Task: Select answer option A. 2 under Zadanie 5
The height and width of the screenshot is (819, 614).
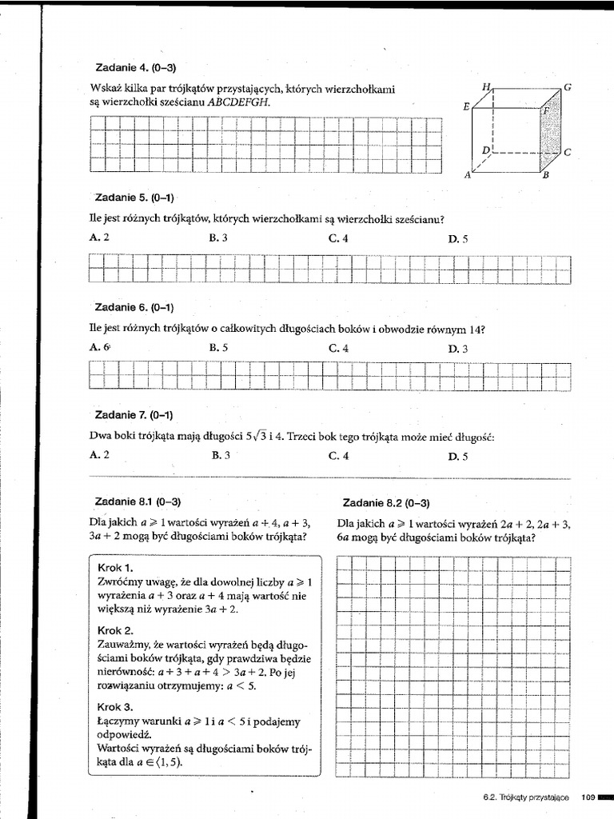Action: click(100, 238)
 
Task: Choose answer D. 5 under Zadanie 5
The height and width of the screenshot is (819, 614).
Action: click(458, 238)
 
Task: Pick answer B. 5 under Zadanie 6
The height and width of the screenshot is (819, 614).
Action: click(219, 348)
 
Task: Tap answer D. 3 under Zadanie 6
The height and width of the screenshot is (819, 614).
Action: click(458, 348)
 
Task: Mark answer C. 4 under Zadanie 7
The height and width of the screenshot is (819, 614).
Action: click(338, 456)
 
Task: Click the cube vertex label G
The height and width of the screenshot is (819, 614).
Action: click(568, 86)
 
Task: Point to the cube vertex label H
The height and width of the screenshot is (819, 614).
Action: click(484, 86)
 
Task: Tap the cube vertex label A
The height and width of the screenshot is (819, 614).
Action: click(468, 176)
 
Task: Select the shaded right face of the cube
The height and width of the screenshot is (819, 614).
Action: click(552, 131)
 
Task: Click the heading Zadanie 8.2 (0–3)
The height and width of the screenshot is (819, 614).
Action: click(386, 503)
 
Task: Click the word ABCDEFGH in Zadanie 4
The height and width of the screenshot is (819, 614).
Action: click(238, 102)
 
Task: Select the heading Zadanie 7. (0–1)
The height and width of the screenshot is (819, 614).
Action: click(134, 415)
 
